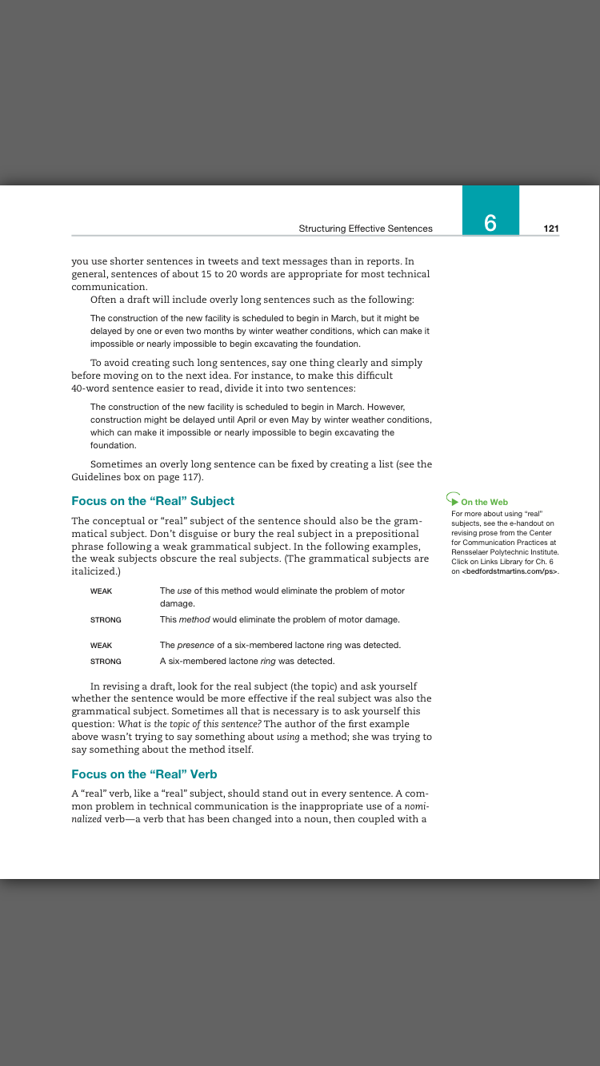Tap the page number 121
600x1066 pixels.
[x=550, y=229]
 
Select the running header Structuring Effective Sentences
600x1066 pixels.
[x=366, y=229]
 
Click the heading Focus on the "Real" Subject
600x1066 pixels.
[x=153, y=501]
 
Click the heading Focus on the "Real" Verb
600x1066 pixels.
[x=144, y=774]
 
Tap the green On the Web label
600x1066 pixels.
[x=484, y=503]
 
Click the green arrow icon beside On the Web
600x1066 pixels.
[x=454, y=500]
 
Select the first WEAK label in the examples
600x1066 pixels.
[x=101, y=591]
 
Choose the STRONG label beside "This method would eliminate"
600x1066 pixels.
[x=106, y=620]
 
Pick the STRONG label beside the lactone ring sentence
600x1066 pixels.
[x=106, y=662]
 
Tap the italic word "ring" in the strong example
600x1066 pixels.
[x=268, y=662]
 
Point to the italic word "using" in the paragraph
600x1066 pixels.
[x=288, y=737]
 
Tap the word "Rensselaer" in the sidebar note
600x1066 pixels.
[x=471, y=552]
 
